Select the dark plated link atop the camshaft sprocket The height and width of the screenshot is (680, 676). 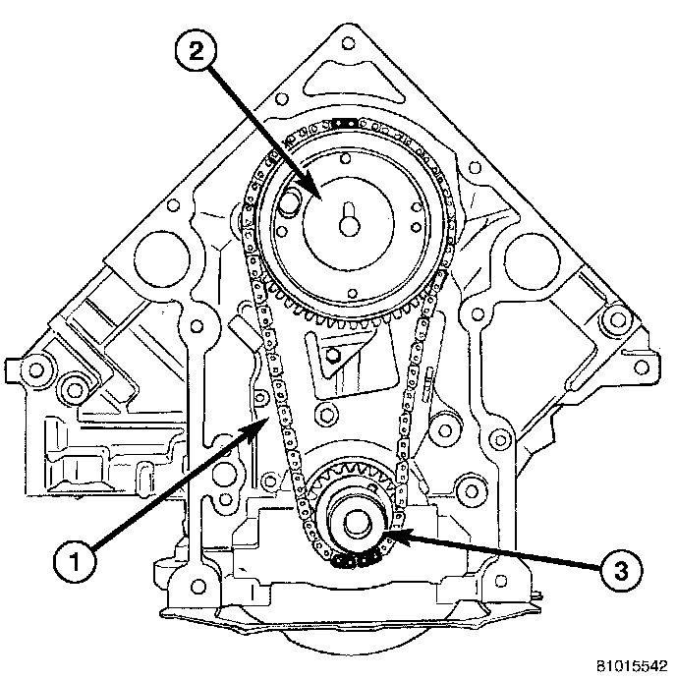pyautogui.click(x=342, y=122)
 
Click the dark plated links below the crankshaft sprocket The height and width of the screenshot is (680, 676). pyautogui.click(x=355, y=561)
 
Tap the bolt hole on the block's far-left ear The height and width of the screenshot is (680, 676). pyautogui.click(x=37, y=369)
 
